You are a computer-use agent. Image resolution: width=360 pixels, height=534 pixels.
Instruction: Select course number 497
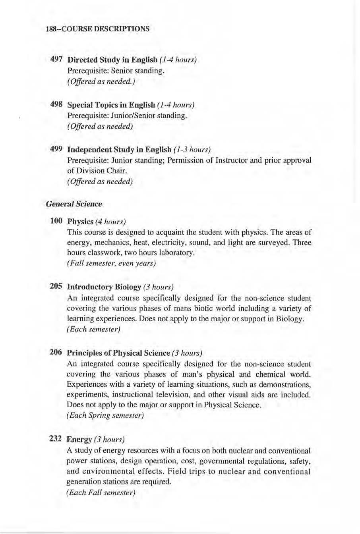click(56, 60)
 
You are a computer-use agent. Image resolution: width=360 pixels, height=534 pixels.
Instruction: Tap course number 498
click(56, 104)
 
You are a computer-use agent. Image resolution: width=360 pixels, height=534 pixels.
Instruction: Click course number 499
click(56, 149)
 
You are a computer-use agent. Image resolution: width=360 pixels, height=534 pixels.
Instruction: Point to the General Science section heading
click(74, 204)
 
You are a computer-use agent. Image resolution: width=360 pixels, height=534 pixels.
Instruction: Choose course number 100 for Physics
click(56, 221)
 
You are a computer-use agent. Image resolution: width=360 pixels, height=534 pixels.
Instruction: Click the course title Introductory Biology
click(104, 287)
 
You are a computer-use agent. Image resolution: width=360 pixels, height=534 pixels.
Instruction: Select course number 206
click(56, 353)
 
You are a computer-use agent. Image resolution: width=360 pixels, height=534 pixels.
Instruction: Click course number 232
click(55, 439)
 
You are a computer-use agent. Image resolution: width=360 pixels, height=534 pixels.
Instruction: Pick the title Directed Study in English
click(112, 60)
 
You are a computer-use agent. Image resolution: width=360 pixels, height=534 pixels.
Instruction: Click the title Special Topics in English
click(111, 105)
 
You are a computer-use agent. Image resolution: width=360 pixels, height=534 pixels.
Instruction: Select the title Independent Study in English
click(119, 150)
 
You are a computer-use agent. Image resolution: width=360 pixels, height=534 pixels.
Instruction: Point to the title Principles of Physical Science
click(118, 353)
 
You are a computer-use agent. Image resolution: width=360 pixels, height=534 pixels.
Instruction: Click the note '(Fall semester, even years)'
click(111, 263)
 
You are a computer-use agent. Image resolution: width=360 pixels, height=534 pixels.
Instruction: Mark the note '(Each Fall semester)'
click(101, 493)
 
